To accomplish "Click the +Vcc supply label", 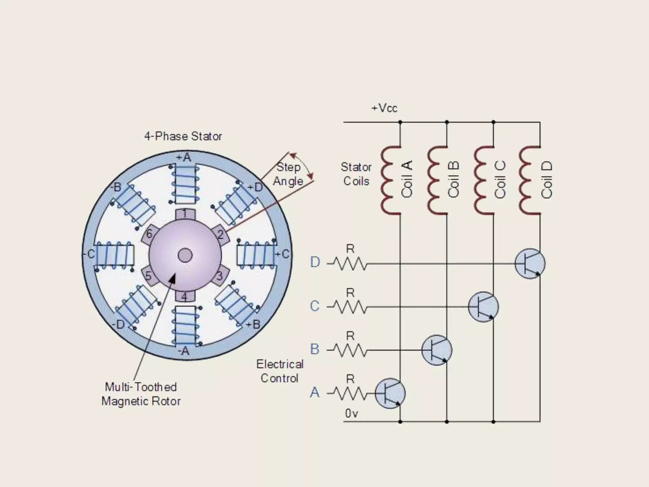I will (x=384, y=108).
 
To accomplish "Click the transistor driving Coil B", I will (x=437, y=350).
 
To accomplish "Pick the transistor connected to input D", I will (x=530, y=263).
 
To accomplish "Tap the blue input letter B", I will (x=315, y=349).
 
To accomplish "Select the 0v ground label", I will (x=351, y=413).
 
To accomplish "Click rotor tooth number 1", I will (x=185, y=214).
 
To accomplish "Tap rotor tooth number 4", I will (x=184, y=296).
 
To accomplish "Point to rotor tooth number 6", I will (x=149, y=234).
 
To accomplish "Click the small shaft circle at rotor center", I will (x=185, y=255).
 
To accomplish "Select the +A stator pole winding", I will (x=185, y=184).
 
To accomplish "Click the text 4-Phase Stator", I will (x=183, y=136).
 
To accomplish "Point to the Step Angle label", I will (x=288, y=174).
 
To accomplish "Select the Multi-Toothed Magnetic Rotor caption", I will (x=141, y=394).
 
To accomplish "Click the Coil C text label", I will (x=500, y=180).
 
